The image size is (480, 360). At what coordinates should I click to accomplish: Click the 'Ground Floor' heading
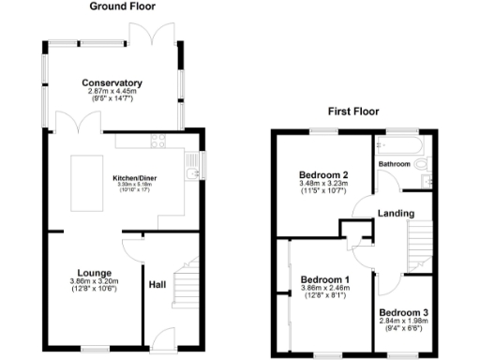pos(123,7)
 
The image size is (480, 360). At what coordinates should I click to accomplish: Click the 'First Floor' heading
pos(352,111)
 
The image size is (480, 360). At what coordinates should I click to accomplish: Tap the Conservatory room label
pos(112,83)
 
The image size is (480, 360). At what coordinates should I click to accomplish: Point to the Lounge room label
pos(95,273)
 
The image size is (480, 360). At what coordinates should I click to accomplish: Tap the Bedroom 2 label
pos(323,175)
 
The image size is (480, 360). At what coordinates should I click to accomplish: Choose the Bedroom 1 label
pos(324,279)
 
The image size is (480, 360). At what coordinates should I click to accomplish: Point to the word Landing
pos(396,214)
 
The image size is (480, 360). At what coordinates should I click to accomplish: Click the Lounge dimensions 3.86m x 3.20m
pos(95,282)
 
